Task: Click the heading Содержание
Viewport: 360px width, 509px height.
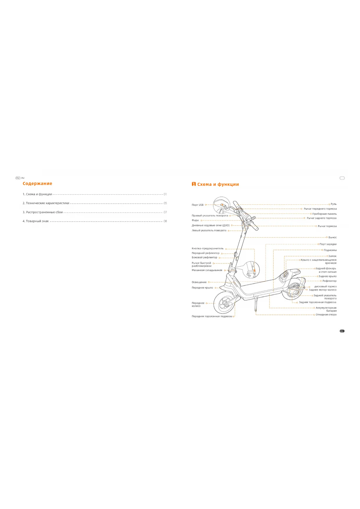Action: click(x=37, y=183)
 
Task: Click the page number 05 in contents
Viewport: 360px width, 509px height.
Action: click(x=165, y=203)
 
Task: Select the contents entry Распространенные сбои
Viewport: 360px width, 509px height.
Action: click(x=44, y=212)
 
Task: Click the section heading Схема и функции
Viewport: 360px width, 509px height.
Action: click(x=218, y=184)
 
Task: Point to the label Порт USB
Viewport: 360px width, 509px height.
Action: click(x=198, y=205)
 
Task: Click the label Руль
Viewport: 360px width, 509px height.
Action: click(x=334, y=204)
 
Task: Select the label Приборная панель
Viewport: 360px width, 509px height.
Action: click(x=324, y=214)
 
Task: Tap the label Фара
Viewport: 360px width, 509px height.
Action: click(x=195, y=220)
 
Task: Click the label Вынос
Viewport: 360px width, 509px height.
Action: click(x=332, y=237)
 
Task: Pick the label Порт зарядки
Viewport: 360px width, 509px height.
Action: click(x=328, y=244)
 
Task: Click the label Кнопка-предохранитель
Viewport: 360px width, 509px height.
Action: click(x=208, y=248)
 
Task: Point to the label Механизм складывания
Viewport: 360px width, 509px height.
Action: click(x=207, y=270)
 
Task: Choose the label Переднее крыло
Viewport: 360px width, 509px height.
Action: click(x=202, y=288)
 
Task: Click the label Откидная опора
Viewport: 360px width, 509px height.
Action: click(x=326, y=315)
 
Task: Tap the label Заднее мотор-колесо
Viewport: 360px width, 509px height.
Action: click(x=323, y=290)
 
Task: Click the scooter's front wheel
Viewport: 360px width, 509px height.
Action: click(x=225, y=303)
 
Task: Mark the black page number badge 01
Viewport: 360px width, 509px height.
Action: click(x=342, y=331)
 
